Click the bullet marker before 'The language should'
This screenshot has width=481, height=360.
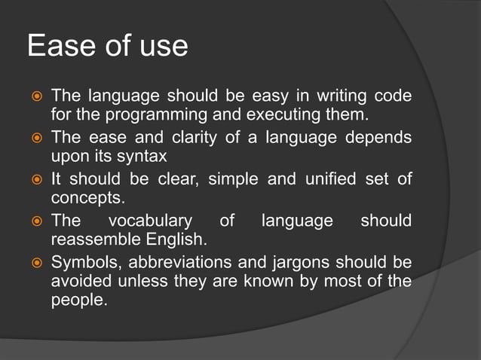point(35,98)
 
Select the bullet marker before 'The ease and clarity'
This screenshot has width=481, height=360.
point(35,139)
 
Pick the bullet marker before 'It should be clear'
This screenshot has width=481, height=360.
point(35,181)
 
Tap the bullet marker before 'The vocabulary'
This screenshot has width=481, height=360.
point(35,222)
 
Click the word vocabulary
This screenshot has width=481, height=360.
point(150,221)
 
